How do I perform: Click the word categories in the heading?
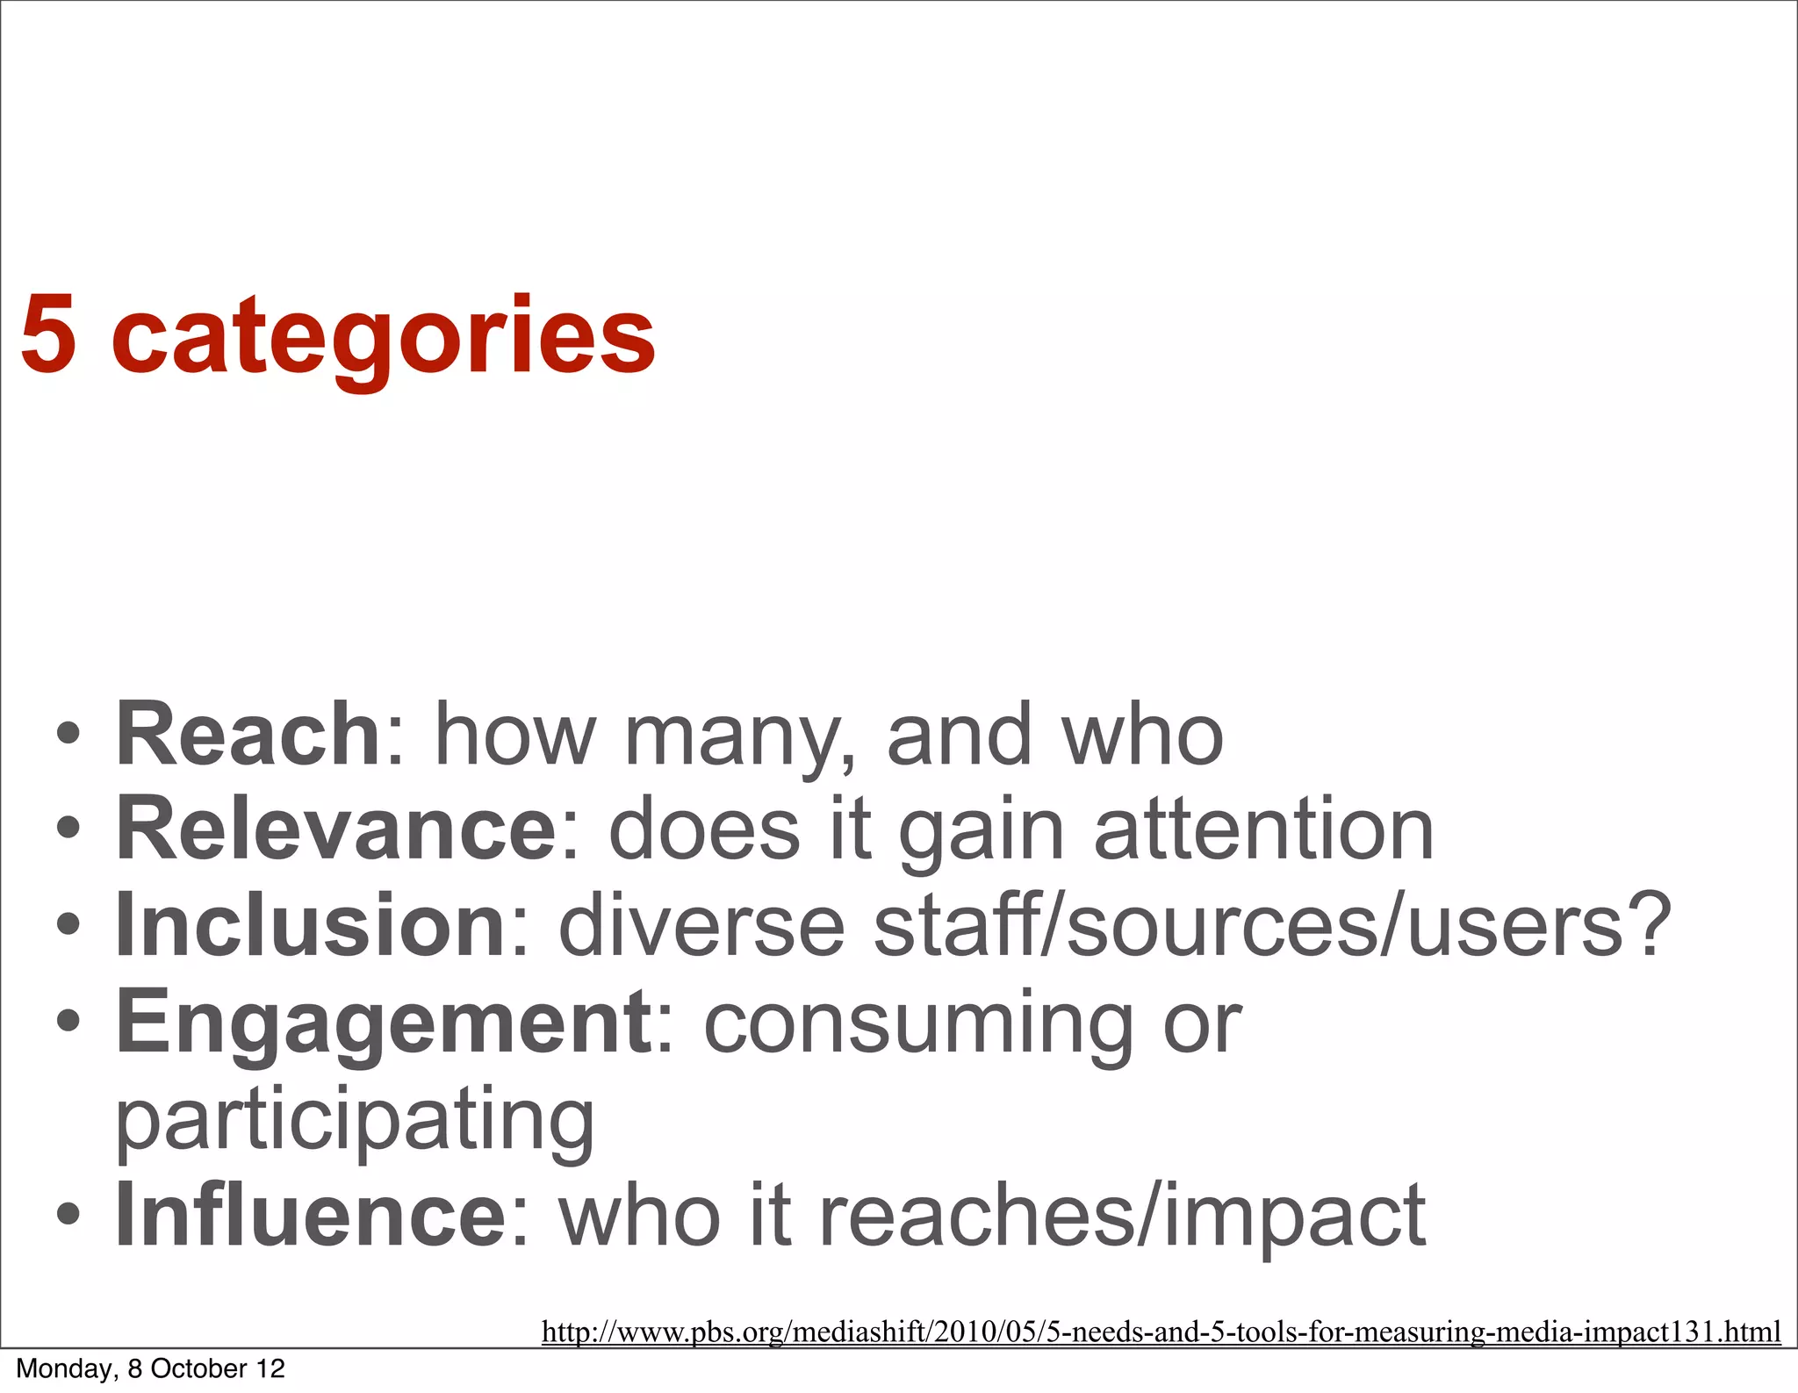(384, 338)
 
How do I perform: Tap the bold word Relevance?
(335, 829)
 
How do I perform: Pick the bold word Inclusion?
(311, 924)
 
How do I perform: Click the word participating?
(356, 1119)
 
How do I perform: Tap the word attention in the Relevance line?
(1263, 829)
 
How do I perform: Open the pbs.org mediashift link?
(1161, 1332)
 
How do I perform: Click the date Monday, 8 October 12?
(151, 1368)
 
